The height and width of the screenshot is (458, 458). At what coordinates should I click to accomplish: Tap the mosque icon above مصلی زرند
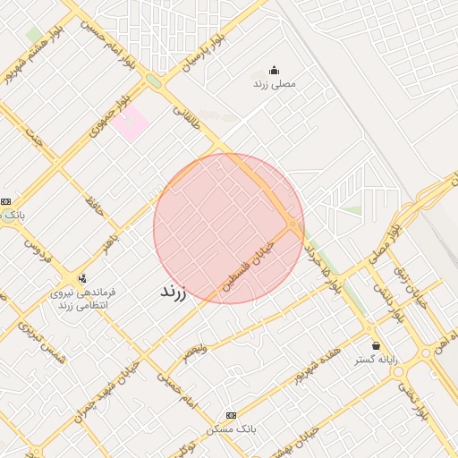point(273,71)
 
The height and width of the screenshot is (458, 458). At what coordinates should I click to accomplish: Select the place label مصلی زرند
point(273,83)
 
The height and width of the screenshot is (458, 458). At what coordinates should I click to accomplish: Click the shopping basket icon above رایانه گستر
point(376,345)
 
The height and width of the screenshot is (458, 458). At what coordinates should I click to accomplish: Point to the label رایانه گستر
point(376,359)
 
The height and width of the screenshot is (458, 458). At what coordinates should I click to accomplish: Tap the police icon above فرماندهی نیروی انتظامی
point(82,279)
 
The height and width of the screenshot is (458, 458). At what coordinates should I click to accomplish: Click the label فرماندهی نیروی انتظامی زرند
point(82,299)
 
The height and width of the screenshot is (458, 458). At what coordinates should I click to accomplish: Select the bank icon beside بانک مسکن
point(232,416)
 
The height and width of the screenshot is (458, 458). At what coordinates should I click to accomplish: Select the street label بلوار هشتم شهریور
point(24,61)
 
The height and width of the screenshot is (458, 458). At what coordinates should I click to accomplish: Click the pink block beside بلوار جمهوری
point(130,124)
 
